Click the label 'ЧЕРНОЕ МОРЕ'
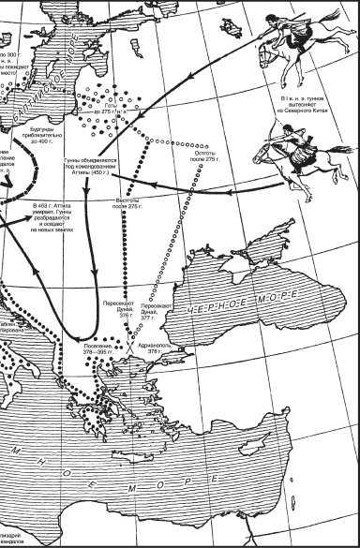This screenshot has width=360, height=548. point(247,307)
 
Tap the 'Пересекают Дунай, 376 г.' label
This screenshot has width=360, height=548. point(119,310)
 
